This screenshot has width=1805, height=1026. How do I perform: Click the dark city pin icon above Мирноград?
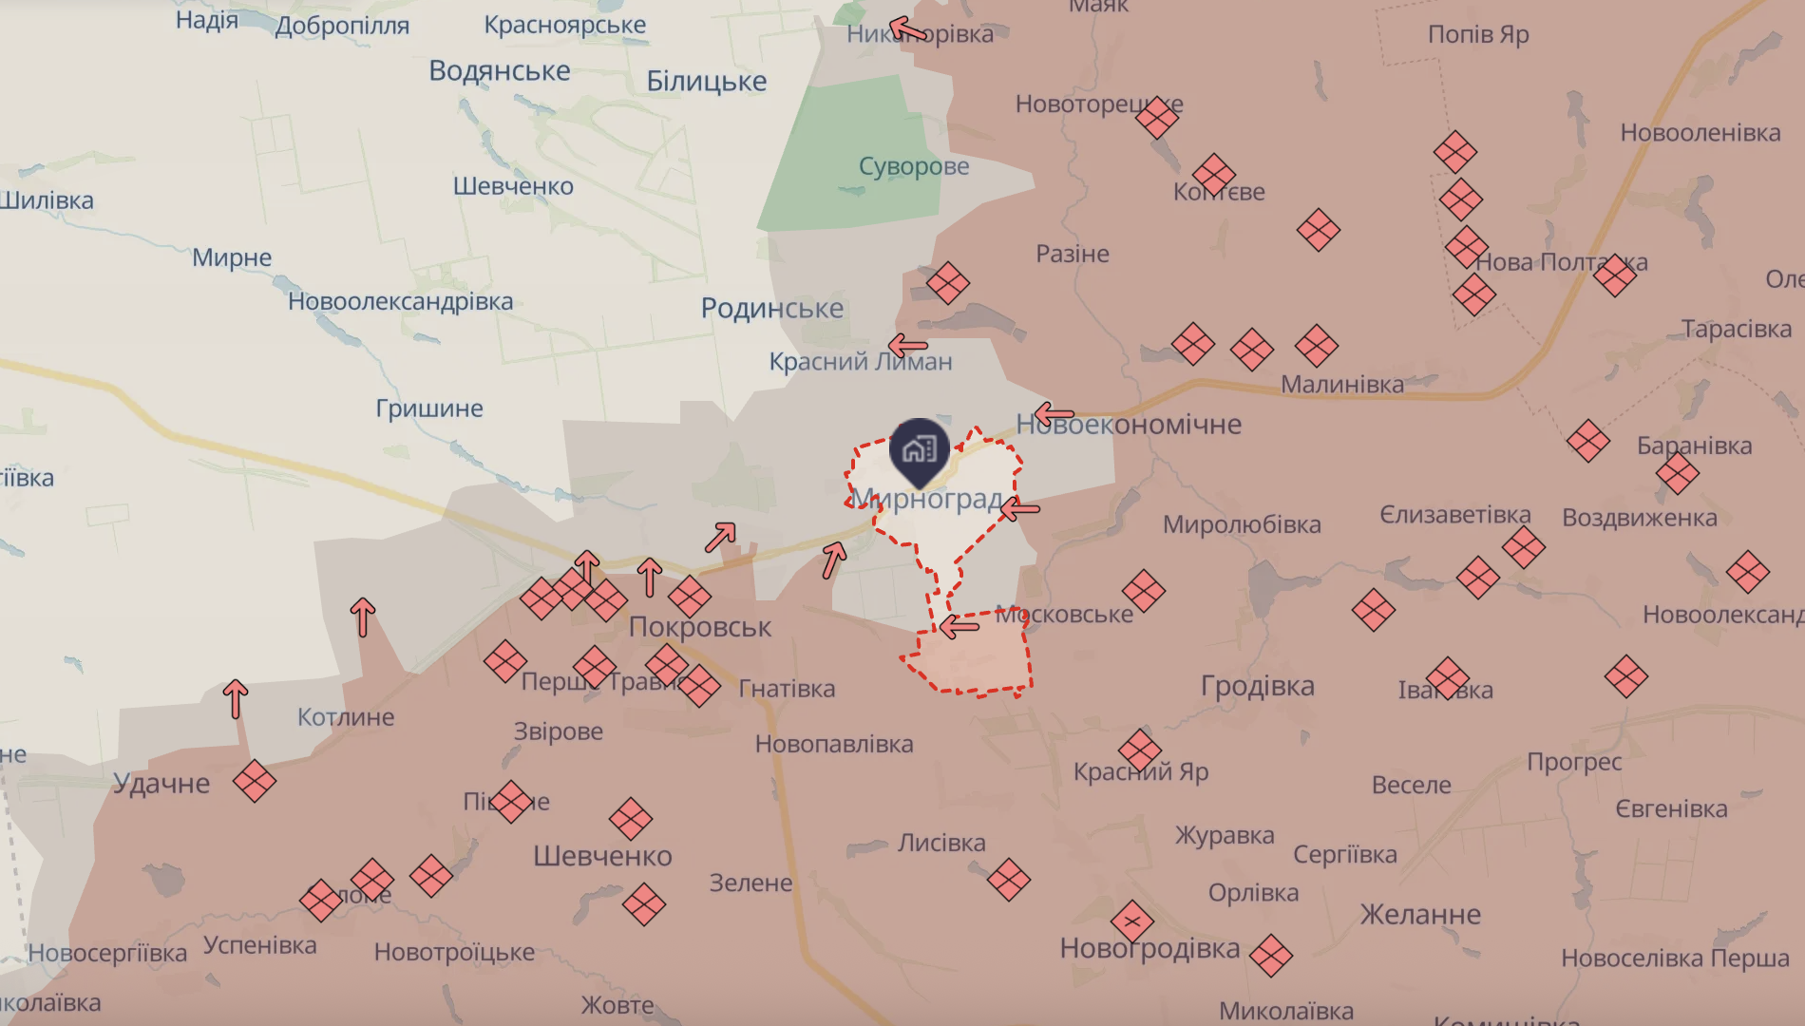(x=919, y=450)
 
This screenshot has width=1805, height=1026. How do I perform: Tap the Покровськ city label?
(x=700, y=627)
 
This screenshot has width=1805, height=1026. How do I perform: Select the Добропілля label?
(x=342, y=26)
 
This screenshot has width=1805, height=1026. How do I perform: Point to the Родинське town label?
(x=771, y=308)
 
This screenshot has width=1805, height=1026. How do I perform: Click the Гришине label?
(x=429, y=408)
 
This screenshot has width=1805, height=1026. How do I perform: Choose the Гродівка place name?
(x=1257, y=685)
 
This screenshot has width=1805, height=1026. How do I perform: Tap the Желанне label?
(x=1420, y=914)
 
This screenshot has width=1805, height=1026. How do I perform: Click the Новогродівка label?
(x=1149, y=948)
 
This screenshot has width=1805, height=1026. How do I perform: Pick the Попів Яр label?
(x=1478, y=34)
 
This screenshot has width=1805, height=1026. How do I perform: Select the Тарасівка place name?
(x=1736, y=329)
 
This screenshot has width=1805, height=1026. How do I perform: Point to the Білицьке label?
(x=706, y=81)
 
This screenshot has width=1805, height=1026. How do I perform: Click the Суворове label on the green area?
(x=914, y=166)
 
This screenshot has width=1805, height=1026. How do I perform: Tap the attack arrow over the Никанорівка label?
(x=907, y=30)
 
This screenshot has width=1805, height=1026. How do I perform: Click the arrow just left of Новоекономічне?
(x=1054, y=414)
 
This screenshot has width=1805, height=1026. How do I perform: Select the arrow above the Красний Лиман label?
(x=907, y=345)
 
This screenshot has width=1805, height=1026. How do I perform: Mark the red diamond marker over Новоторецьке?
(x=1156, y=118)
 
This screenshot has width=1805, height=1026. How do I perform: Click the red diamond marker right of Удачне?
(x=254, y=781)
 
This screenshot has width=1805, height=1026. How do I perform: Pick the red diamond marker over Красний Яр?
(x=1139, y=750)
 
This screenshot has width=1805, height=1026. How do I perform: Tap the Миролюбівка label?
(x=1242, y=524)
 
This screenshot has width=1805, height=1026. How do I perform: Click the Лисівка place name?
(x=941, y=843)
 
